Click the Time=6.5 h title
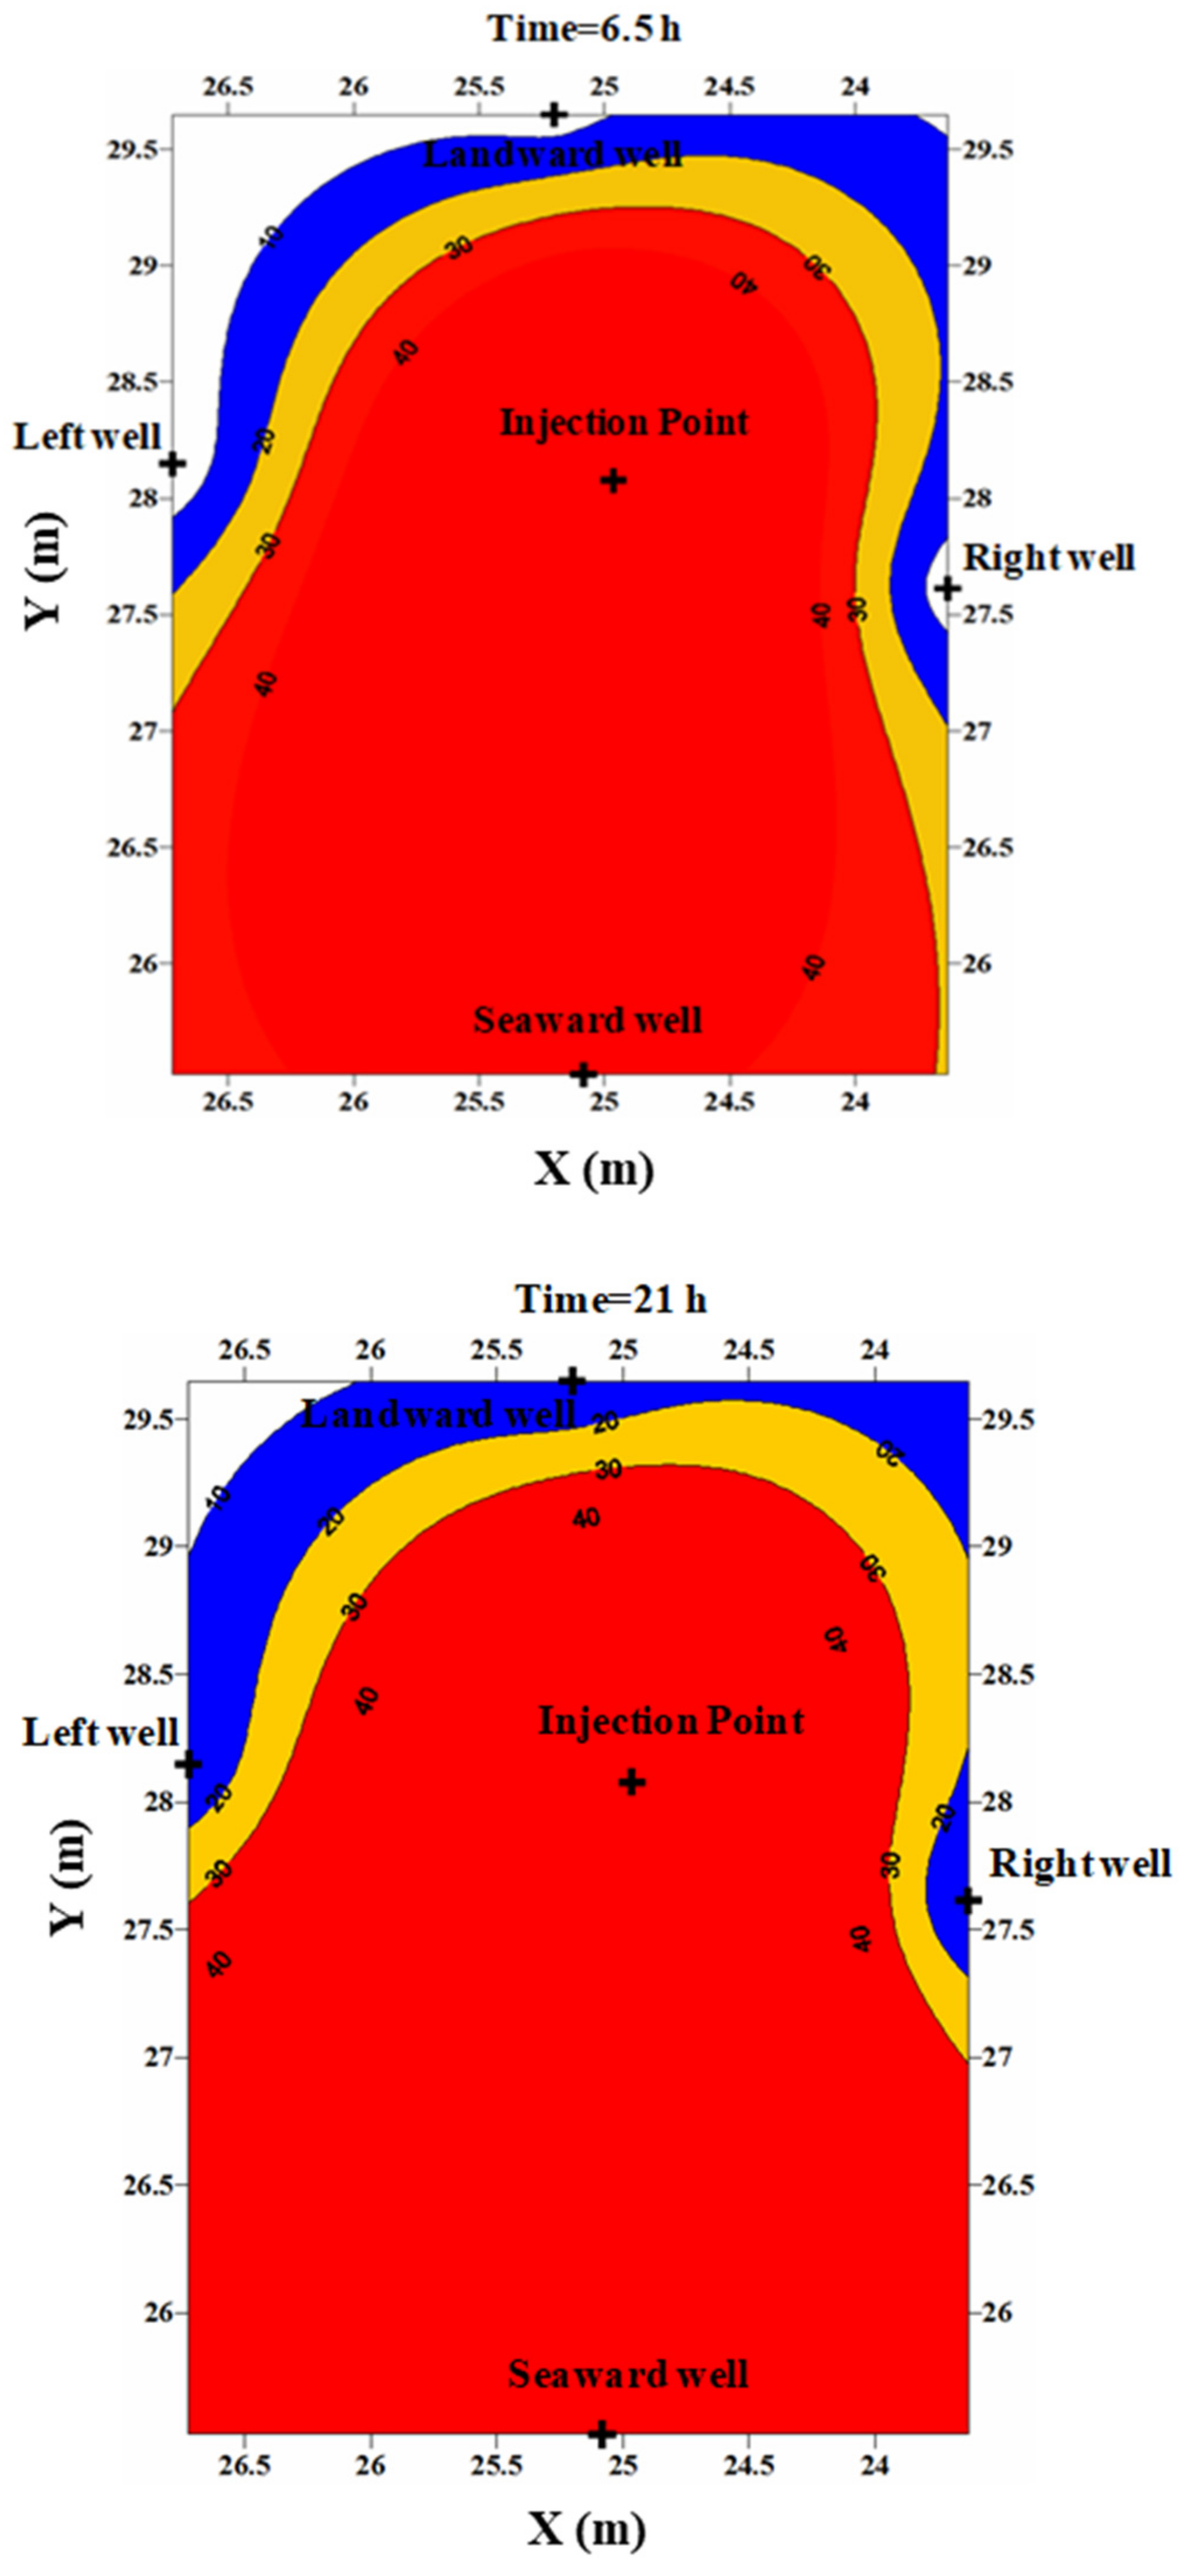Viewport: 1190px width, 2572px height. [584, 28]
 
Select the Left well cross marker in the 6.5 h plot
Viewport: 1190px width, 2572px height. [173, 463]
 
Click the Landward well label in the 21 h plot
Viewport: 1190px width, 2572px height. [439, 1414]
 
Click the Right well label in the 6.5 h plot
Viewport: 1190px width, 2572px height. [1048, 557]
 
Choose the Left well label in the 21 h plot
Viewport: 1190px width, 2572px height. [100, 1732]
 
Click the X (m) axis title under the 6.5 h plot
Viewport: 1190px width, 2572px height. [594, 1168]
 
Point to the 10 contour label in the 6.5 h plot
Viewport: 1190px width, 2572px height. [275, 236]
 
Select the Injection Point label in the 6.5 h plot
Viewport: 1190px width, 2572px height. [624, 422]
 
